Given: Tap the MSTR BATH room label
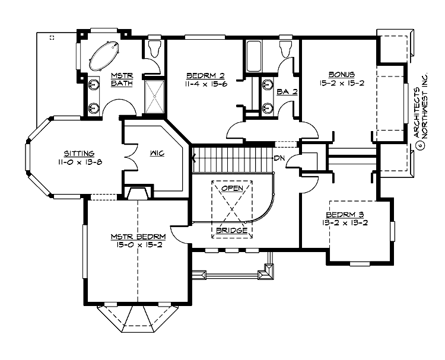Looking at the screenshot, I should click(x=122, y=79).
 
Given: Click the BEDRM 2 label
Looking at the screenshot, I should click(x=205, y=75).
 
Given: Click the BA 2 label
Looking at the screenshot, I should click(x=287, y=92).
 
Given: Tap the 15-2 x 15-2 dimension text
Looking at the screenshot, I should click(x=341, y=83).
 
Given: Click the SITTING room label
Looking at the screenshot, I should click(x=80, y=154).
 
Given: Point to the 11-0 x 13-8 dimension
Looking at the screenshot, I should click(x=80, y=162).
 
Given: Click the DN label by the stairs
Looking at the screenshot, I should click(x=280, y=159).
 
